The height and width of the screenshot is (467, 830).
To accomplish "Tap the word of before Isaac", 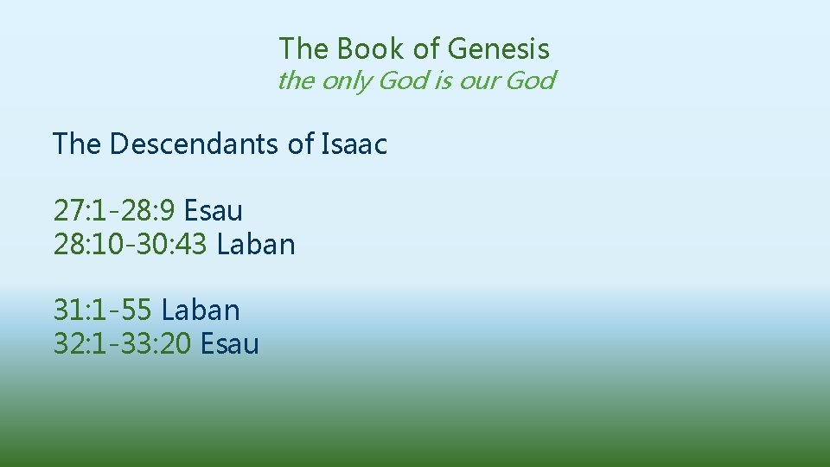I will (300, 144).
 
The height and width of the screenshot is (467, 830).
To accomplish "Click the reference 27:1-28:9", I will (114, 210).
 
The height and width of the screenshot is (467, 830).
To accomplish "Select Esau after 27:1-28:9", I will (214, 210).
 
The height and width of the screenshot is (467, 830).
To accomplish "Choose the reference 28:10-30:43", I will (131, 245).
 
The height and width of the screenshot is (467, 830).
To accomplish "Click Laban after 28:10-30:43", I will (256, 245).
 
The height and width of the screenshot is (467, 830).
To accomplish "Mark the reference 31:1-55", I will (103, 310).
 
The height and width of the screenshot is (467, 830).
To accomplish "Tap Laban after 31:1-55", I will (201, 310).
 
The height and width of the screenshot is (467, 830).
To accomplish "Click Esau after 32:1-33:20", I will (230, 344).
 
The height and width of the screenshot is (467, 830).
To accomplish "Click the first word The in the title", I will (303, 48).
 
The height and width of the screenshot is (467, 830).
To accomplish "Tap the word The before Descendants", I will (77, 144).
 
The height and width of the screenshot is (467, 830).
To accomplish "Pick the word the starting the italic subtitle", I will (297, 81).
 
